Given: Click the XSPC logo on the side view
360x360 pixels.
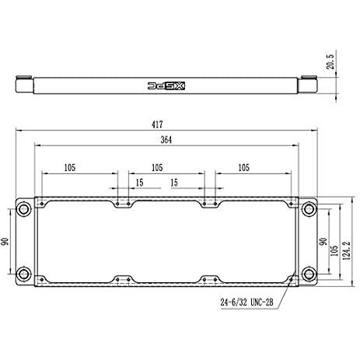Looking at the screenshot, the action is tap(166, 86).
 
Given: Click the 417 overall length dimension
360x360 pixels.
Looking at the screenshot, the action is tap(157, 124).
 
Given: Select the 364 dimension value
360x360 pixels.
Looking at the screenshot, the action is tap(166, 140).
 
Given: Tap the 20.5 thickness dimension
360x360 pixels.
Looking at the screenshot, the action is tap(330, 61).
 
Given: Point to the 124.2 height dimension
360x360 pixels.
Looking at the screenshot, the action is tap(346, 250).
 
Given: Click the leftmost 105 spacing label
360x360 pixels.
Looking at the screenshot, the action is tap(70, 168).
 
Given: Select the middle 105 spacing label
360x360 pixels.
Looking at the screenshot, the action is tap(157, 168).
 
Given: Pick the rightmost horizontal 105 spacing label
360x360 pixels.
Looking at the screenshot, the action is tap(243, 168).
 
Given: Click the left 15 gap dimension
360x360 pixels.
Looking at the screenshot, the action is tap(139, 183).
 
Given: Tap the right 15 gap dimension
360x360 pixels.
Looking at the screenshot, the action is tap(174, 183).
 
